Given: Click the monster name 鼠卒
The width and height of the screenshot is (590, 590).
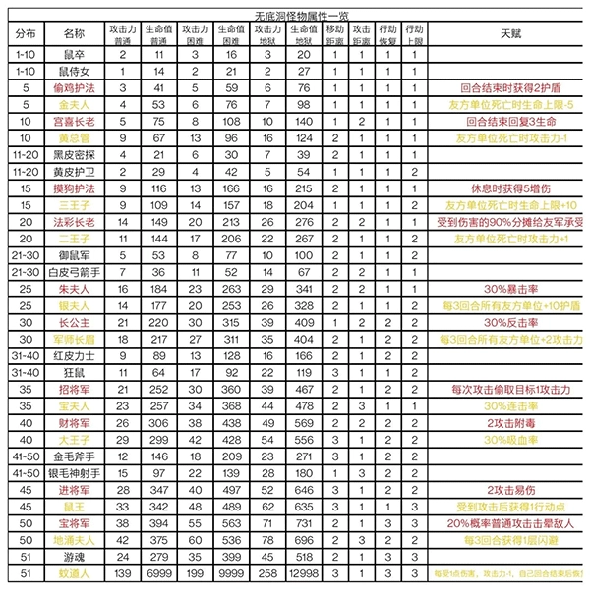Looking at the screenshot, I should pos(73,55).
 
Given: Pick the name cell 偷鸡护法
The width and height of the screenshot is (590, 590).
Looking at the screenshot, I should pos(73,88).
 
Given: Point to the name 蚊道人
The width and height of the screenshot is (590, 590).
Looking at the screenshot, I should pos(73,571).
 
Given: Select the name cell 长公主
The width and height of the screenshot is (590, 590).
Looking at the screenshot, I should pos(73,321).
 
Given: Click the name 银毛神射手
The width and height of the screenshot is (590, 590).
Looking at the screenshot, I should pos(73,472).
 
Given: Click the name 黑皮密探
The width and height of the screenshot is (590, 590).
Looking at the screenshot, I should pos(73,154).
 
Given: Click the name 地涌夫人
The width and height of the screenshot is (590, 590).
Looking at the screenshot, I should pos(73,539).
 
